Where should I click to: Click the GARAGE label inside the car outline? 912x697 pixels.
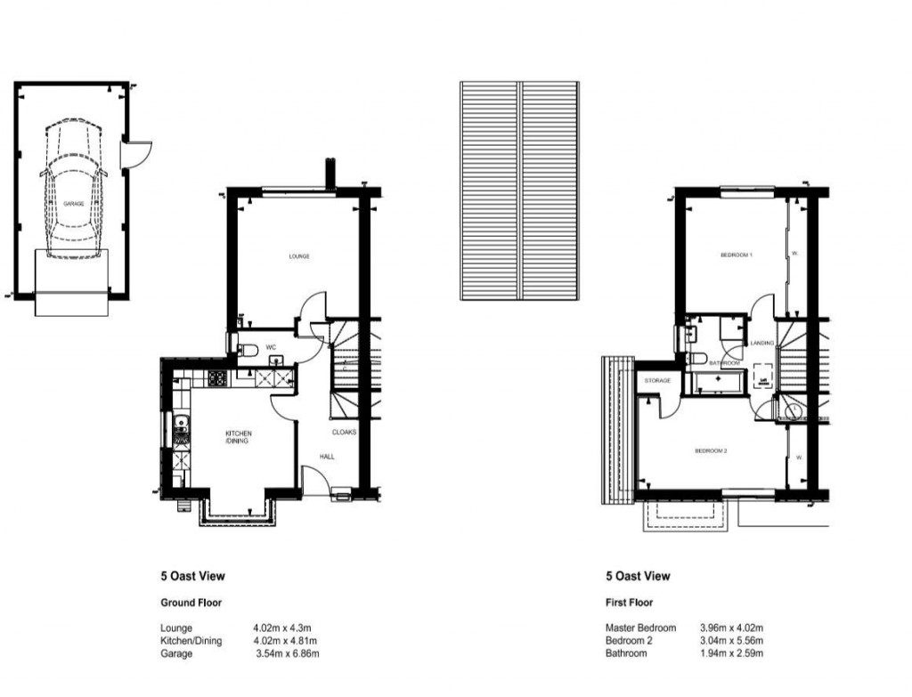(x=73, y=204)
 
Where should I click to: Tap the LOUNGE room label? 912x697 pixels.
(x=299, y=257)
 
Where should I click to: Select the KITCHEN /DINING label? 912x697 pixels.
(x=238, y=437)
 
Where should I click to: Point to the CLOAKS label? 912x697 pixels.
(x=345, y=433)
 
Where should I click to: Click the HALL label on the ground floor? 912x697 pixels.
(x=328, y=457)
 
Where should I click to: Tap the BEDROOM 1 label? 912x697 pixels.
(x=737, y=256)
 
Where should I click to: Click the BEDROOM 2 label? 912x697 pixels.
(x=711, y=451)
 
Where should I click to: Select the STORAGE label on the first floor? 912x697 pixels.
(x=657, y=381)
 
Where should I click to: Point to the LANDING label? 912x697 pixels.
(x=761, y=343)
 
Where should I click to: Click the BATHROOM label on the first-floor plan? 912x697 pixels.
(x=725, y=363)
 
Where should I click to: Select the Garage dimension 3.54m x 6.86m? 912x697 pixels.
(x=287, y=653)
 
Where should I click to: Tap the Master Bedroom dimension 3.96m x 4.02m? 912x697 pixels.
(x=732, y=628)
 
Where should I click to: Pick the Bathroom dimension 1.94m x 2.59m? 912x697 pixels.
(x=732, y=653)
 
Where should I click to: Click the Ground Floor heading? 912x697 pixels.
(x=191, y=603)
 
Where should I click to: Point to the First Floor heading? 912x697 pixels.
(x=629, y=603)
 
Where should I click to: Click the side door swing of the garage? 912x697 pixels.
(x=139, y=155)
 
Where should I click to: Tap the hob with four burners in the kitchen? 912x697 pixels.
(x=217, y=378)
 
